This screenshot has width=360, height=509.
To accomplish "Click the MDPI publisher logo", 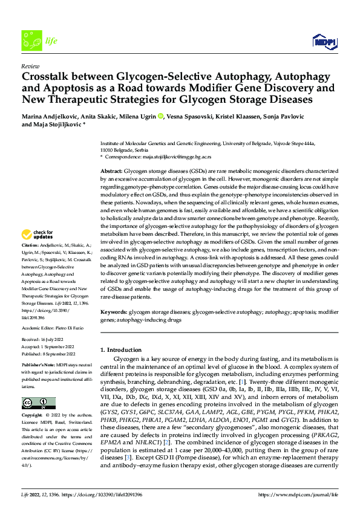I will point(324,41).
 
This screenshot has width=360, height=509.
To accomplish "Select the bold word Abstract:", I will point(113,172).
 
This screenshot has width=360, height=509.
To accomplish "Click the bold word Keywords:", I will point(114,312).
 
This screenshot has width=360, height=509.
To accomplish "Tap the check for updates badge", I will point(37,235).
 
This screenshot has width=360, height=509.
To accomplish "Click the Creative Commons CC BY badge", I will point(39,403).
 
